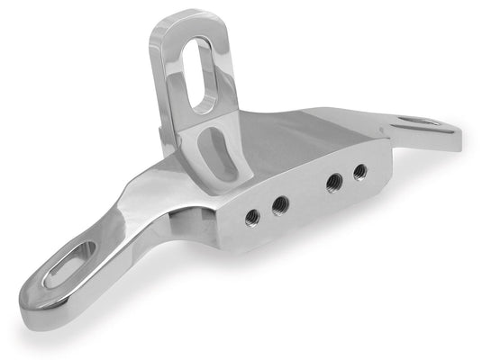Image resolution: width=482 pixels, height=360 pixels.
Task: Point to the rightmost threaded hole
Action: click(359, 170)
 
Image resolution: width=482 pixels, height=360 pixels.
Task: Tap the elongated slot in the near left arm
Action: click(68, 264)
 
